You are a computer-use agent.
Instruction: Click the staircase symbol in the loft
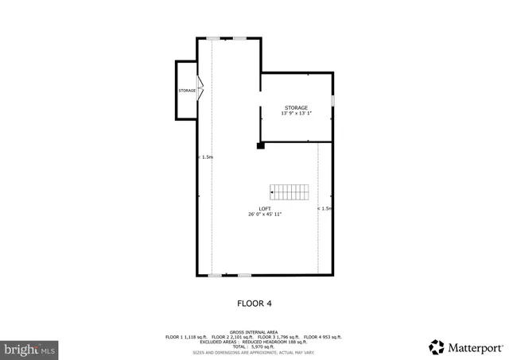(289, 192)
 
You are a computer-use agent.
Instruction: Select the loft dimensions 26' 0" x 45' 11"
(265, 214)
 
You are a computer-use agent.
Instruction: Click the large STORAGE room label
(296, 107)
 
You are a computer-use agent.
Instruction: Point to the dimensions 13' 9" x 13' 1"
(296, 113)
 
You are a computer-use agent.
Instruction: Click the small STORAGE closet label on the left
(187, 91)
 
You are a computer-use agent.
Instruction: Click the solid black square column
(260, 145)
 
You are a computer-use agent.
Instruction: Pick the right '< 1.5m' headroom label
(324, 208)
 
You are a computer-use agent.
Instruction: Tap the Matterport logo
(465, 346)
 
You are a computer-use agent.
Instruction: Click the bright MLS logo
(29, 348)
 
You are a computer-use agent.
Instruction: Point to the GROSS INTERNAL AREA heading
(254, 331)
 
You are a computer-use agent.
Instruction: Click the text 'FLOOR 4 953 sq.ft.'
(324, 336)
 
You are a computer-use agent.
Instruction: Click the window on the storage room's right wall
(332, 99)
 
